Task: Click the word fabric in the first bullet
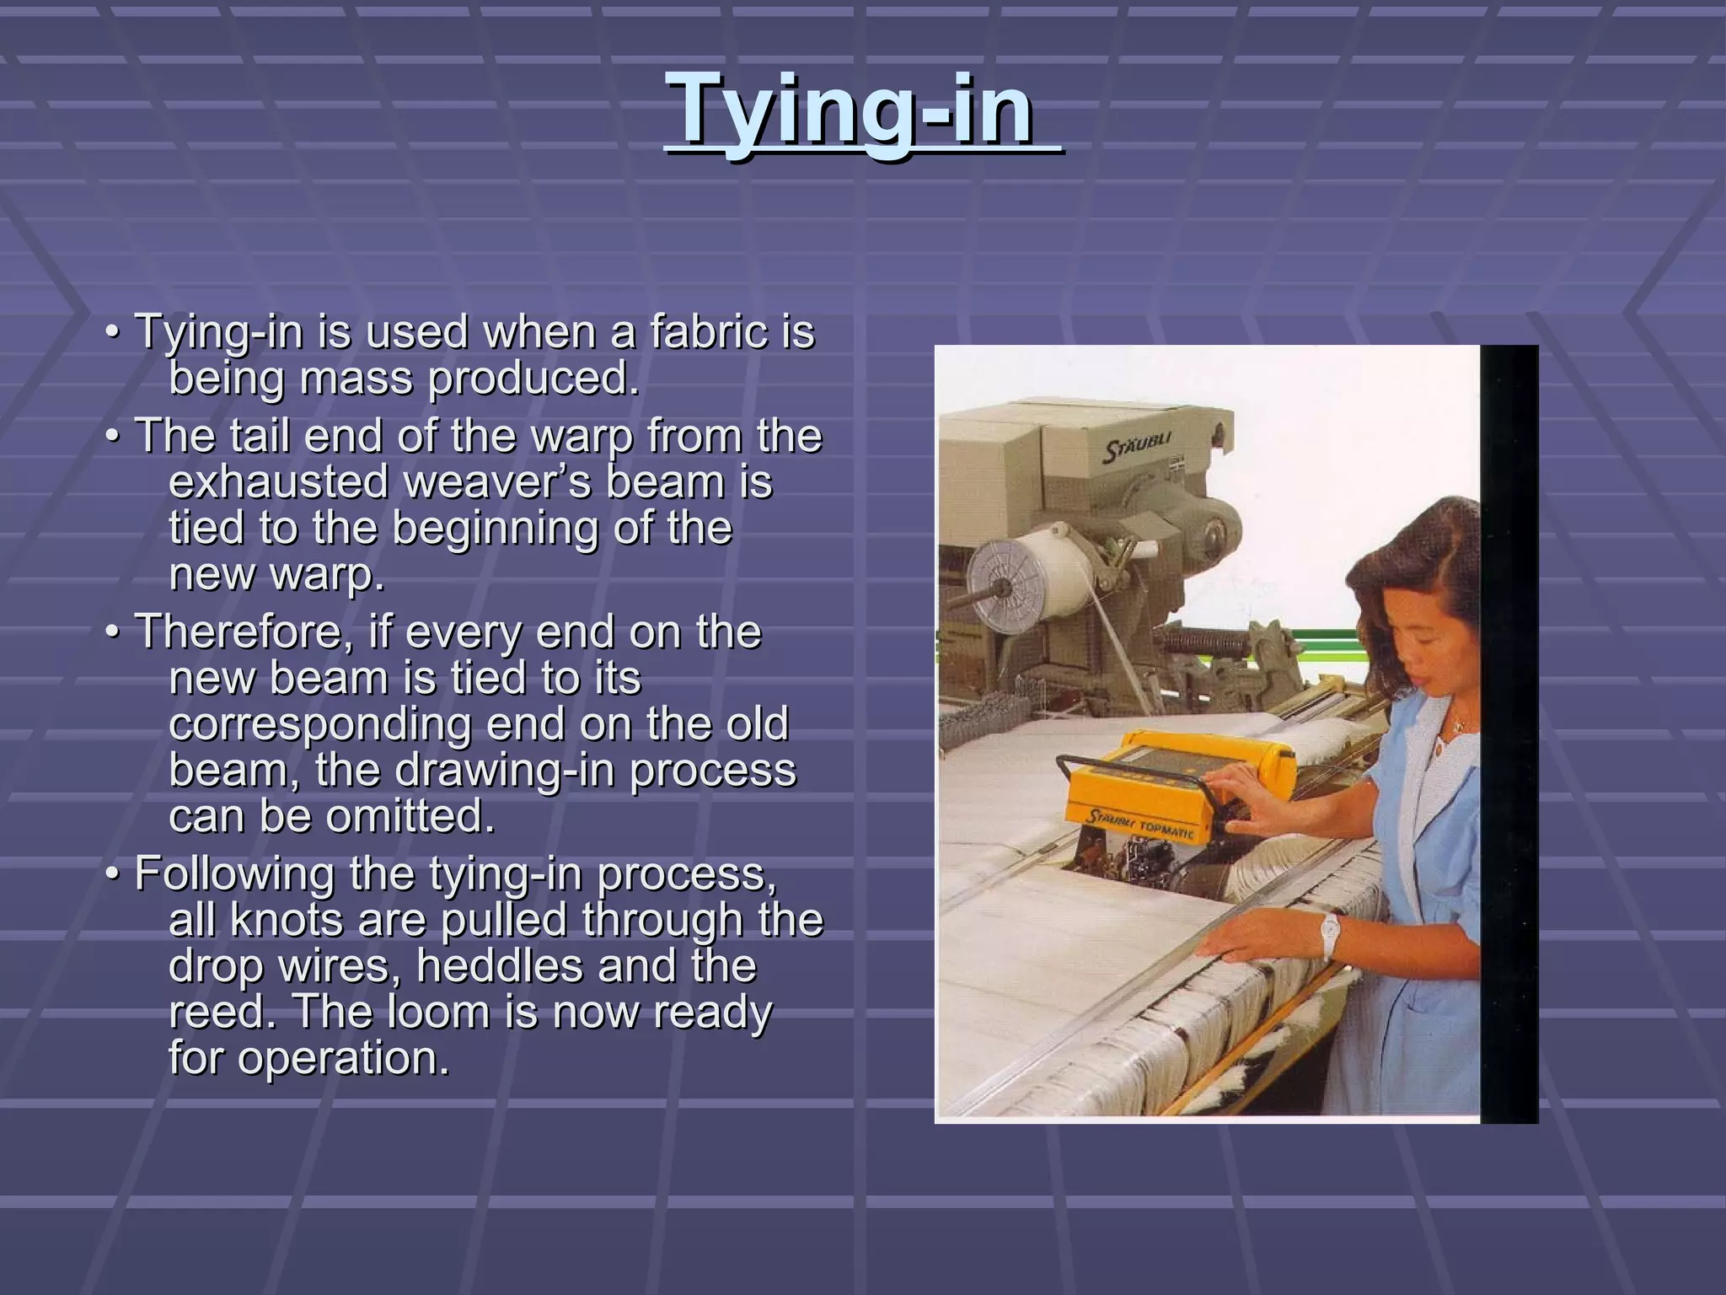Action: click(712, 331)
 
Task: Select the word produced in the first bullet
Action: click(533, 378)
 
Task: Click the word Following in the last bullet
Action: click(234, 873)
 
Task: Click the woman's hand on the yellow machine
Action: click(1247, 810)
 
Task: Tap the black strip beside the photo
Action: click(1509, 733)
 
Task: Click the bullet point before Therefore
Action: click(112, 631)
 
